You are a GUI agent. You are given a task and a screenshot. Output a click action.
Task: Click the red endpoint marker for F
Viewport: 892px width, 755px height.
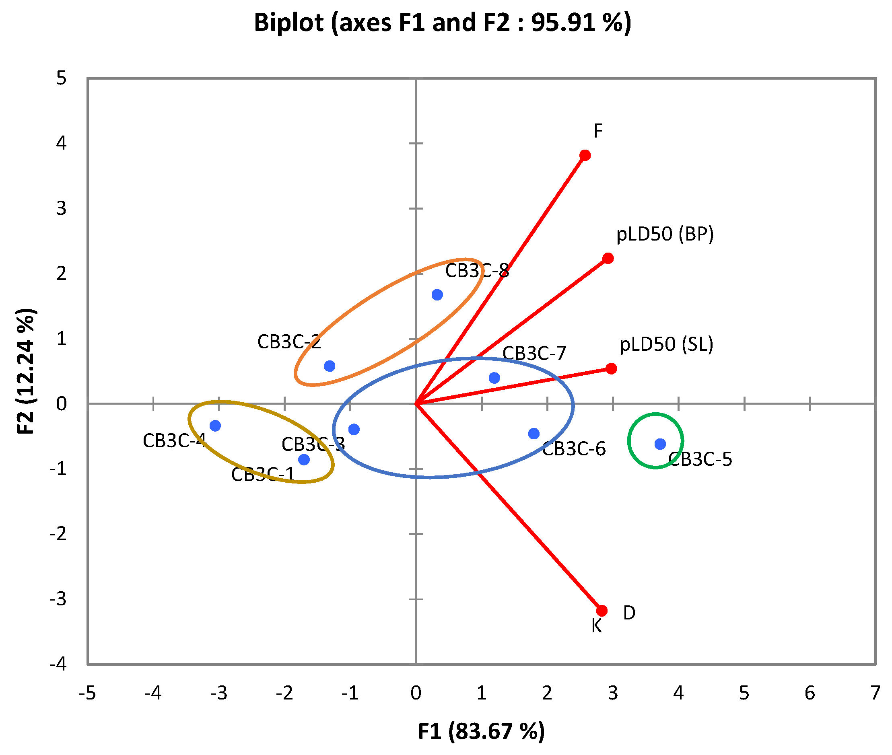(x=585, y=155)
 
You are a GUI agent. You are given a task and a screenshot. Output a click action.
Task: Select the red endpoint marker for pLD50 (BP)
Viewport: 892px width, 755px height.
(x=608, y=258)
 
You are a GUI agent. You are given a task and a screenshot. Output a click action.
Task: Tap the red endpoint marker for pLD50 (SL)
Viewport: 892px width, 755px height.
(x=611, y=368)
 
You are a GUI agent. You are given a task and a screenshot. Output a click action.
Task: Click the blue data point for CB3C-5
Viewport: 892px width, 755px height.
(x=660, y=444)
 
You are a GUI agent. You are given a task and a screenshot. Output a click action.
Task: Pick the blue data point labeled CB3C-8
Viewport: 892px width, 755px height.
(x=437, y=294)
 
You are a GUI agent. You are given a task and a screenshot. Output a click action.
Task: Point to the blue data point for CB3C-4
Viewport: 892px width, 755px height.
(x=215, y=426)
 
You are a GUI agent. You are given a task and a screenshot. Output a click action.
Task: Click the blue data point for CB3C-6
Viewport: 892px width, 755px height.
(x=534, y=434)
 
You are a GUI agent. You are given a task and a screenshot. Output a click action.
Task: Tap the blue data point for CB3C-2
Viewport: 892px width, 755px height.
(x=329, y=366)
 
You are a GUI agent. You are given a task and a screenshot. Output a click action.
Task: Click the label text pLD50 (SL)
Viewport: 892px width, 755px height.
(x=666, y=345)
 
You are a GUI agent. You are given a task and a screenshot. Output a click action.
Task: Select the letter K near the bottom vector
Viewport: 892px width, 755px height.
(x=596, y=626)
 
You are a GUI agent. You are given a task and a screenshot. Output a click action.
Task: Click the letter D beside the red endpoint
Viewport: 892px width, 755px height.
(x=629, y=613)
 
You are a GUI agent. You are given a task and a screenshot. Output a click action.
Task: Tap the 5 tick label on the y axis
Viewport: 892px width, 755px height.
(x=61, y=78)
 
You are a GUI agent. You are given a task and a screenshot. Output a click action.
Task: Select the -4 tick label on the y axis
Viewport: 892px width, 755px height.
(x=58, y=664)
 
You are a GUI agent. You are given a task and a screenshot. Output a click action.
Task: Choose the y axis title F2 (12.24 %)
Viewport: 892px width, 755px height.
(x=27, y=371)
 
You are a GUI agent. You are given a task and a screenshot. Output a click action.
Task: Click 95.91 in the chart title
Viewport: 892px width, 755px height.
(x=563, y=22)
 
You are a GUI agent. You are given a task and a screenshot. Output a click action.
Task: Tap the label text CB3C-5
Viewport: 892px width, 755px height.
(x=700, y=459)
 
